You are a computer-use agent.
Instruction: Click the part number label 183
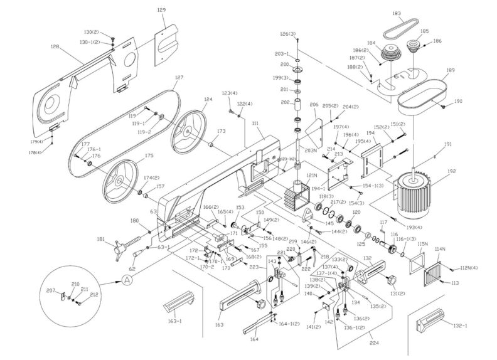(432, 13)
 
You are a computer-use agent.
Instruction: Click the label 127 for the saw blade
(179, 78)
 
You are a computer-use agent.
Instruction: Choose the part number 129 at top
(161, 10)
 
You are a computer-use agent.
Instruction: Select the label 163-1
(174, 320)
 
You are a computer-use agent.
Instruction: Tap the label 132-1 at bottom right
(461, 326)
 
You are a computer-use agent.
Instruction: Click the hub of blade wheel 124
(187, 130)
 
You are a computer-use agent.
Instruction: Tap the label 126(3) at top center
(288, 33)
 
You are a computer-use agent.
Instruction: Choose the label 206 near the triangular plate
(314, 105)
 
